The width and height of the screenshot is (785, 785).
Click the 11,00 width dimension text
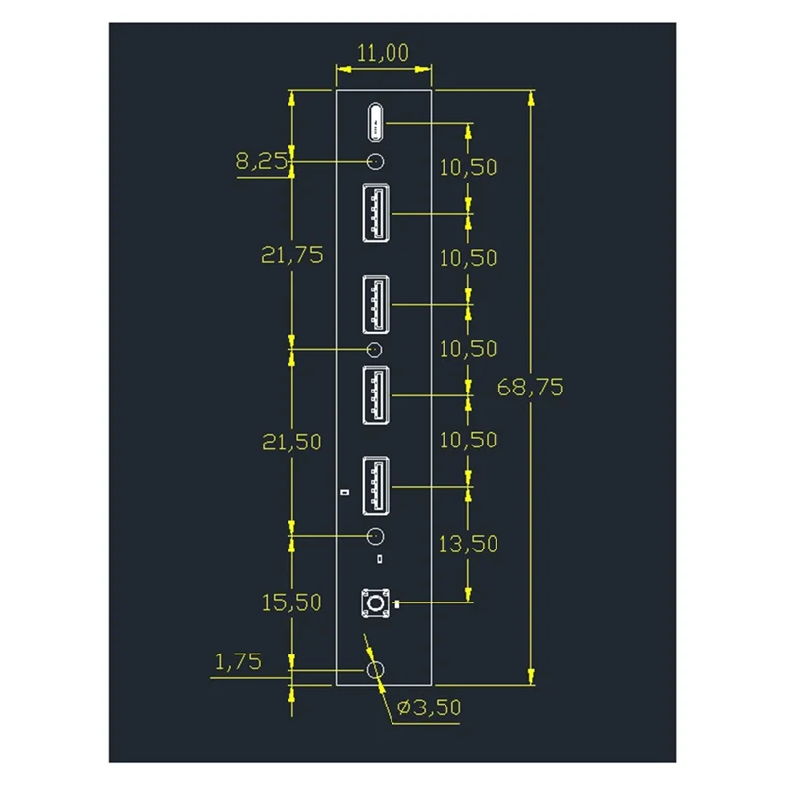(x=383, y=53)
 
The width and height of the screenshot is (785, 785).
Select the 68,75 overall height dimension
(x=530, y=387)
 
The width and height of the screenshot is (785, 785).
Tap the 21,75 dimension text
(x=292, y=255)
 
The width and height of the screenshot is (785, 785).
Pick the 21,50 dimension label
(x=291, y=443)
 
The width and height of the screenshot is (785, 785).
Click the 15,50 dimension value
(x=291, y=602)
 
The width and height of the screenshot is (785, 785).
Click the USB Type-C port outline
(x=376, y=123)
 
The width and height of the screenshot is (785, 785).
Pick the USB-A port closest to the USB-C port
(x=376, y=212)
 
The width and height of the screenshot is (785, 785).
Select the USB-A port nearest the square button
(x=376, y=485)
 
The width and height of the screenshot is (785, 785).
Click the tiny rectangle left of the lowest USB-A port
(x=343, y=491)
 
